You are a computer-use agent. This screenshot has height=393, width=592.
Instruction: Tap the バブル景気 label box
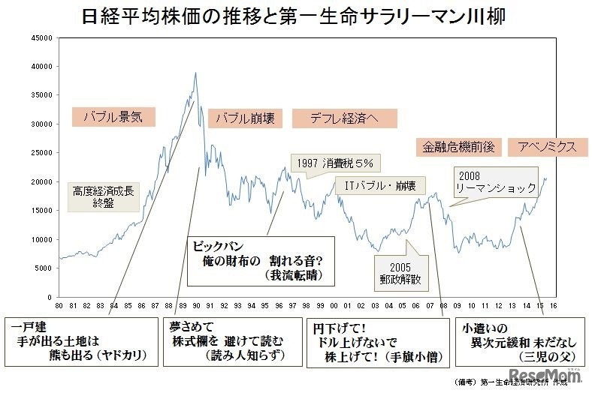pyautogui.click(x=113, y=116)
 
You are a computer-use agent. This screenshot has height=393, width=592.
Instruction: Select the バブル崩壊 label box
pyautogui.click(x=246, y=118)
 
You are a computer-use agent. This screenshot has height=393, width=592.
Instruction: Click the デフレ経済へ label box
pyautogui.click(x=343, y=118)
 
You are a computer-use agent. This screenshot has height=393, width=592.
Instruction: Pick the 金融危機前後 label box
pyautogui.click(x=455, y=146)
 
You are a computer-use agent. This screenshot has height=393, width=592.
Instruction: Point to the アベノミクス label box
pyautogui.click(x=542, y=146)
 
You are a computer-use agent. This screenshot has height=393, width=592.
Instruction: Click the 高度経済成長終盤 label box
pyautogui.click(x=104, y=196)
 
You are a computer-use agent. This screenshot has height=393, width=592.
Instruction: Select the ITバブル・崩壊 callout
pyautogui.click(x=379, y=184)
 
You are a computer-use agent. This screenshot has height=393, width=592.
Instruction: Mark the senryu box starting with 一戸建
pyautogui.click(x=83, y=341)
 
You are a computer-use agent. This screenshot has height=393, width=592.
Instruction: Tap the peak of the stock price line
pyautogui.click(x=196, y=73)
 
